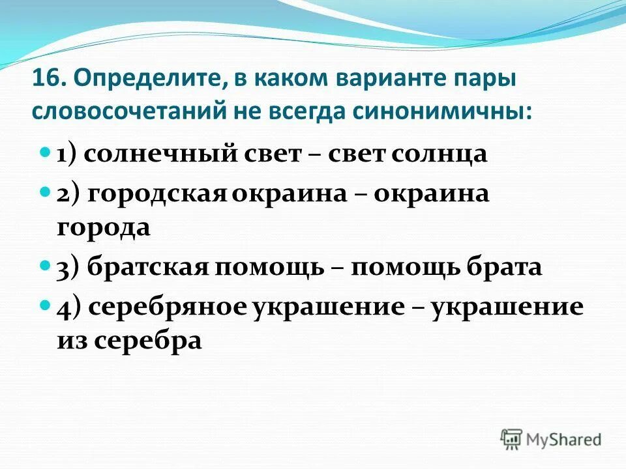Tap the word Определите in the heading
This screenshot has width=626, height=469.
pyautogui.click(x=145, y=79)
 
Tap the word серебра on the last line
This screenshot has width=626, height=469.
pyautogui.click(x=149, y=341)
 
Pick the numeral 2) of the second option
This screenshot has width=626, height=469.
pyautogui.click(x=68, y=194)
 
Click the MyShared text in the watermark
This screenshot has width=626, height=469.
pyautogui.click(x=564, y=439)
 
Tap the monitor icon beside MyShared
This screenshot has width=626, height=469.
pyautogui.click(x=512, y=438)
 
